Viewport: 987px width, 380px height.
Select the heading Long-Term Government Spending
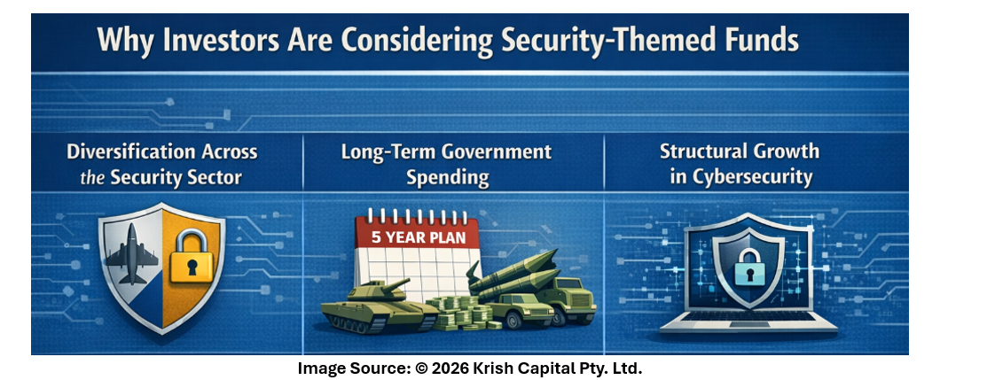tap(446, 165)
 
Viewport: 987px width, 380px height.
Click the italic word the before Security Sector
tap(92, 177)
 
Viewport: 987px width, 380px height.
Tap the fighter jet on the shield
tap(132, 253)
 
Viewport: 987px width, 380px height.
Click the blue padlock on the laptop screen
tap(747, 266)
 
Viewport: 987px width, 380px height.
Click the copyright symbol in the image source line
tap(421, 368)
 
